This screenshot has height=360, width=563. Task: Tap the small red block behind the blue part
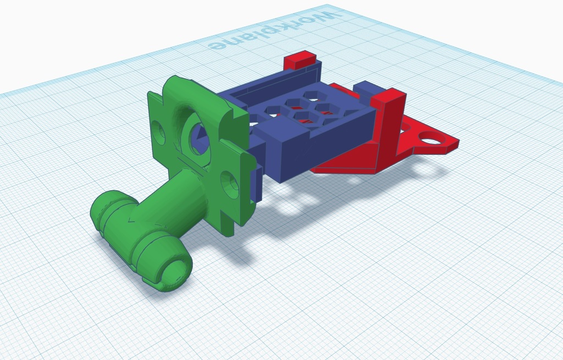pos(300,59)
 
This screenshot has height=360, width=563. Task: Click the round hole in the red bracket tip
pos(429,137)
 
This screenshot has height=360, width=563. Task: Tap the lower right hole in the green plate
pos(230,185)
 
